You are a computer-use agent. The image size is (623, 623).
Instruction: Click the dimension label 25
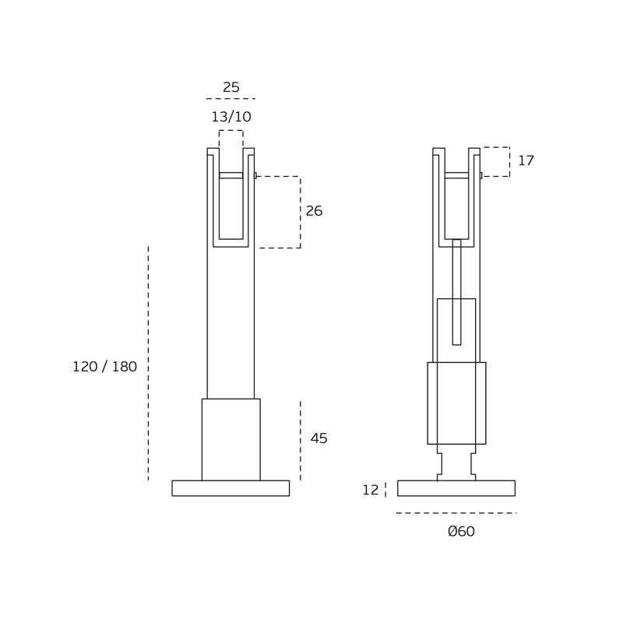[231, 87]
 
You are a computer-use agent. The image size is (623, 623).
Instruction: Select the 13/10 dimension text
[231, 117]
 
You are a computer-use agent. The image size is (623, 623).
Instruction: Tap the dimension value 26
[314, 211]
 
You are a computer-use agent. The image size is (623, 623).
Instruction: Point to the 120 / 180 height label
[105, 367]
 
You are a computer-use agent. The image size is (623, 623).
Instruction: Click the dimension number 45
[319, 438]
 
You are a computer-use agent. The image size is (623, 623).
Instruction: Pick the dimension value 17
[526, 160]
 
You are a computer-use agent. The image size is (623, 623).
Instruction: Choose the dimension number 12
[371, 491]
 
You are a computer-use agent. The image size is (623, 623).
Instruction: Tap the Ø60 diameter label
[461, 531]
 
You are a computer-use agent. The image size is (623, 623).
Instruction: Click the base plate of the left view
[231, 488]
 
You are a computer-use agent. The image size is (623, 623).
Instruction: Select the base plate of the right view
[456, 488]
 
